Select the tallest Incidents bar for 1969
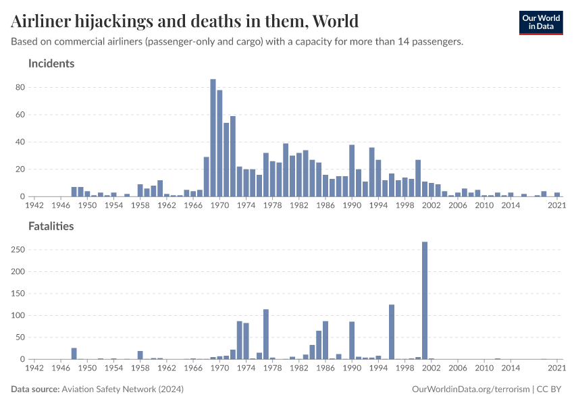[x=213, y=138]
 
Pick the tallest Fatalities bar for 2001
[x=425, y=300]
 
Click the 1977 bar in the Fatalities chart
[x=266, y=334]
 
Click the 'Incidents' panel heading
[x=51, y=63]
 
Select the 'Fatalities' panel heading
[x=51, y=226]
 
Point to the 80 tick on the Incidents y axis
[x=20, y=87]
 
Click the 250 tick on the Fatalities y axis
[x=18, y=250]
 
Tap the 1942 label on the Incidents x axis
[x=34, y=205]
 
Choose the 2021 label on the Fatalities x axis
[x=556, y=368]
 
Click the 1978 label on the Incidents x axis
[x=272, y=205]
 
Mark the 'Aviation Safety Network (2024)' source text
[x=122, y=389]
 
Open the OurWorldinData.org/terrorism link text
[x=470, y=389]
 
